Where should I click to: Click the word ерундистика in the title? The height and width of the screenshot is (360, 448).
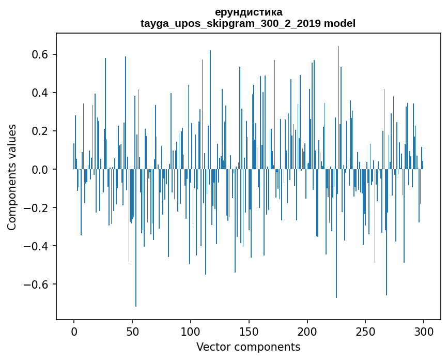(248, 12)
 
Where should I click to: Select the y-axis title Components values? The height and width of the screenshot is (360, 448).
(12, 177)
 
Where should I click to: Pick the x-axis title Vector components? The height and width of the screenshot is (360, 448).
(248, 347)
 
